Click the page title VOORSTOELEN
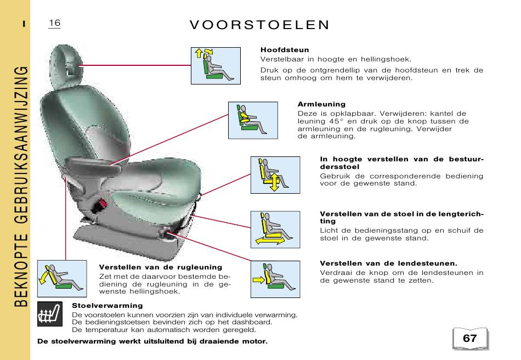(x=259, y=25)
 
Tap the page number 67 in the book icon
(x=470, y=338)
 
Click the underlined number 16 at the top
(x=54, y=23)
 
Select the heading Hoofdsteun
(x=285, y=50)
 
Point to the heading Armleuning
(x=321, y=104)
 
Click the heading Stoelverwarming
(x=107, y=306)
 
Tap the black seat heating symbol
(x=50, y=314)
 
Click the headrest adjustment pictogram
(x=216, y=66)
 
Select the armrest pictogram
(x=253, y=120)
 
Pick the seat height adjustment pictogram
(x=275, y=175)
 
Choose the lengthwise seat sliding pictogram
(x=275, y=229)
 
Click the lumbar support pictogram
(x=275, y=279)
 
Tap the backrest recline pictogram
(x=62, y=279)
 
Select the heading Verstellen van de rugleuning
(x=161, y=267)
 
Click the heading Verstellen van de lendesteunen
(x=388, y=263)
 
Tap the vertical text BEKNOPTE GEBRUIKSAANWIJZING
(x=21, y=186)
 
